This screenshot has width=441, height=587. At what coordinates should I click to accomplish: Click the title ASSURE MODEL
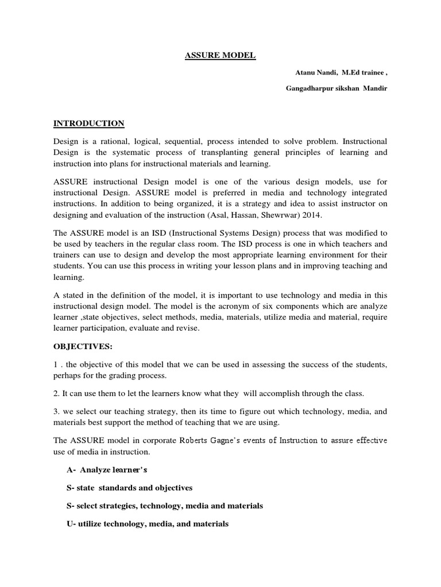pyautogui.click(x=212, y=56)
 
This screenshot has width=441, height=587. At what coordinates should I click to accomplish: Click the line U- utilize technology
pyautogui.click(x=148, y=524)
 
